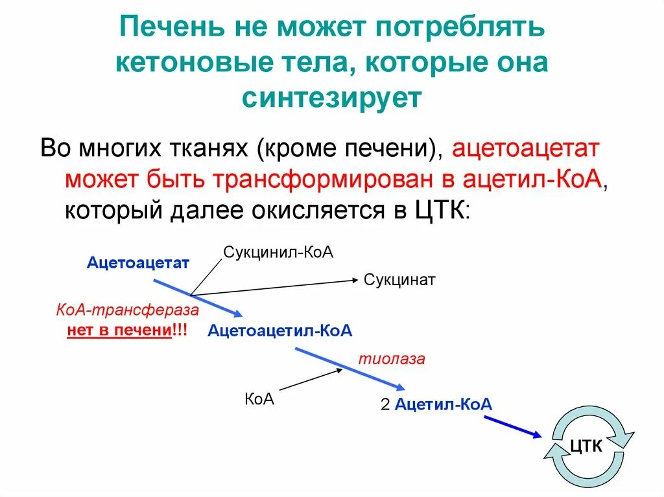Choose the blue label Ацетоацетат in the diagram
(137, 262)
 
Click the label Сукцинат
(399, 280)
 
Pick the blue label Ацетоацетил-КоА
(279, 331)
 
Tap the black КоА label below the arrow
(259, 399)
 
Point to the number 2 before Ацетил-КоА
(385, 405)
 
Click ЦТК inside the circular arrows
(586, 445)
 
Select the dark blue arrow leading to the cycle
(512, 426)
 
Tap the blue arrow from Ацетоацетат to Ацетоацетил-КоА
(198, 297)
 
